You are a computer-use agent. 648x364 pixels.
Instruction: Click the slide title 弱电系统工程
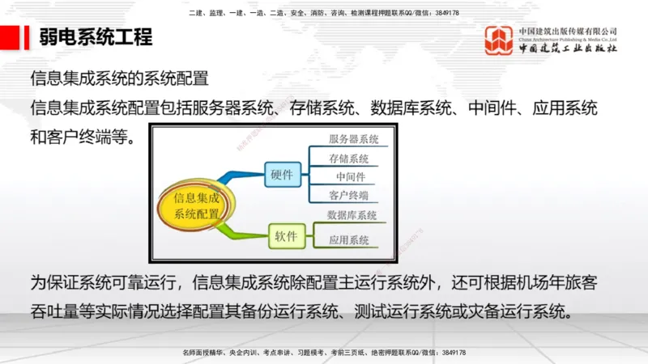point(95,37)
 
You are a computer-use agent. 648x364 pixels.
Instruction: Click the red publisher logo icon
point(499,40)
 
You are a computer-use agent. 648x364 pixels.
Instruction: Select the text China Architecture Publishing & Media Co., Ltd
point(568,38)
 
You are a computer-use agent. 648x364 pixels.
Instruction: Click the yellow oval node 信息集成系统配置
point(197,205)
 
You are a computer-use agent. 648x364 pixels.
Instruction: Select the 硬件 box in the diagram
point(283,172)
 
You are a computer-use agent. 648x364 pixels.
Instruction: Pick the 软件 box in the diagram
point(286,237)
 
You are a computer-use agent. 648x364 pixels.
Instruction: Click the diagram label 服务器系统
point(353,140)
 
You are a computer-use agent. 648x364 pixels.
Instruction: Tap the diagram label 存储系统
point(349,159)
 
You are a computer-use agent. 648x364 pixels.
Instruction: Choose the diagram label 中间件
point(350,177)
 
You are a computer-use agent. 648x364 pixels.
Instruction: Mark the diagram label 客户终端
point(349,196)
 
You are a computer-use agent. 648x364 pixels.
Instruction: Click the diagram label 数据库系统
point(352,215)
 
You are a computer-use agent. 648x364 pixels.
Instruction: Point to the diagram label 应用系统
point(349,240)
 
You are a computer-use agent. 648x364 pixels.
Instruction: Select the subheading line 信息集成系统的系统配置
point(120,78)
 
